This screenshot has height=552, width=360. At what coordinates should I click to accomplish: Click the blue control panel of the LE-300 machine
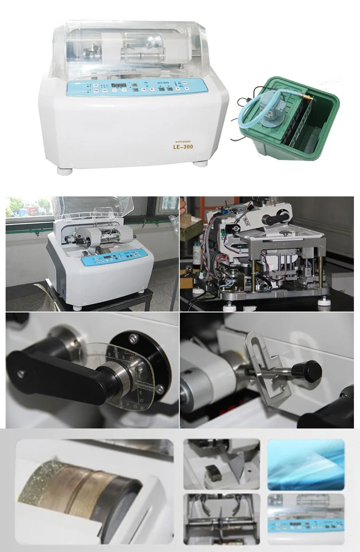(x=137, y=87)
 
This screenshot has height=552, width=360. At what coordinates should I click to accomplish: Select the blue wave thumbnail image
(x=306, y=464)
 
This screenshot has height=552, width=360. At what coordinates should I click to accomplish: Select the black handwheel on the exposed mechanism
(x=279, y=217)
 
